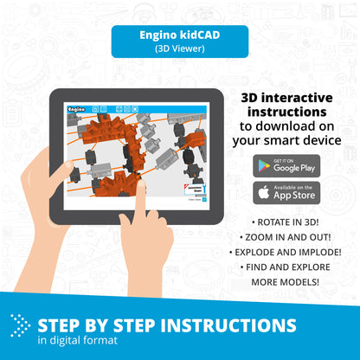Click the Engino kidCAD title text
coord(179,36)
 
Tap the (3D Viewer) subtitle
coord(179,49)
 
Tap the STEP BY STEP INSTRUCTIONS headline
coord(166,325)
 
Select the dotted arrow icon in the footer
coord(20,325)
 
